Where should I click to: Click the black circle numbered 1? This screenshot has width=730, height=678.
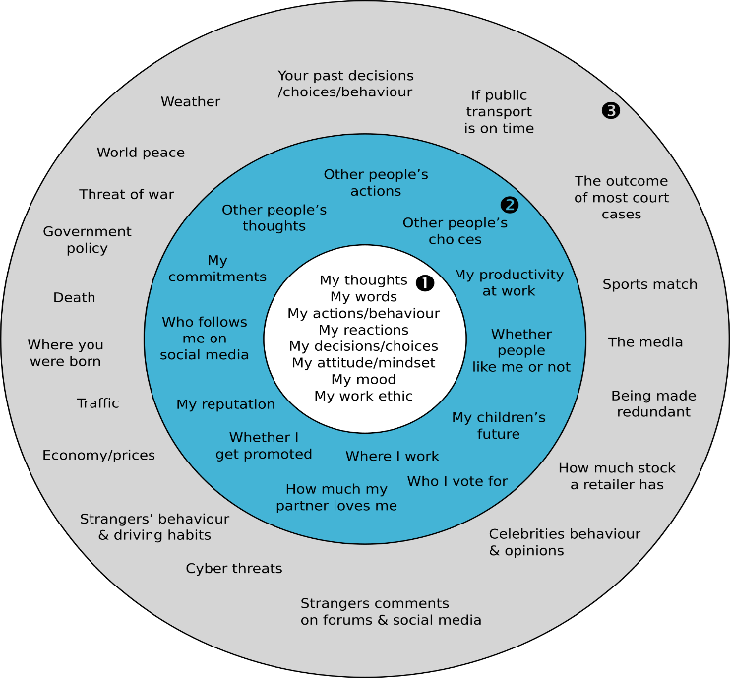(x=425, y=282)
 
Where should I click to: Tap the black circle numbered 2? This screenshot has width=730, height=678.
(x=509, y=205)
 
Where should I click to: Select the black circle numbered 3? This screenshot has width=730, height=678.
(x=610, y=110)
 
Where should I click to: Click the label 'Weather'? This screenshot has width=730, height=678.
(x=191, y=101)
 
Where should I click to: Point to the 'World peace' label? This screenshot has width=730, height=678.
(x=141, y=153)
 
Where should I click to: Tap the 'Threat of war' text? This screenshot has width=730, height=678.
(x=127, y=194)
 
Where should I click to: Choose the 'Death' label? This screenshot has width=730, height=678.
(x=75, y=297)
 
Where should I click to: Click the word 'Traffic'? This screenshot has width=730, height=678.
(x=98, y=402)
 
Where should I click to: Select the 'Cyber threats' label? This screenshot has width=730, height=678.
(x=234, y=568)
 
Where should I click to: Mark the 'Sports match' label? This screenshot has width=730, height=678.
(x=649, y=284)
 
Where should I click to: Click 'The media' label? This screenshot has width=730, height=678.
(x=645, y=341)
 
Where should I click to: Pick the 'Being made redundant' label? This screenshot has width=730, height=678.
(x=653, y=403)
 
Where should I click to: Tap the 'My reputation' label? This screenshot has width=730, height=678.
(x=225, y=404)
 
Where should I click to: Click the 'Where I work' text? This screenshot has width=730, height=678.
(x=393, y=456)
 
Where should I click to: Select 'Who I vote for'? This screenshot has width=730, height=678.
(x=457, y=481)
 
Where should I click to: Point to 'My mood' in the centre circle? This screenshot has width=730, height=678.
(x=363, y=379)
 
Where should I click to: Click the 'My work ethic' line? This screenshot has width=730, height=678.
(x=363, y=396)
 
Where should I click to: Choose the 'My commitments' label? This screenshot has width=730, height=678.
(x=217, y=269)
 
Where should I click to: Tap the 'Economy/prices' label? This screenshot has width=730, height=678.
(x=98, y=455)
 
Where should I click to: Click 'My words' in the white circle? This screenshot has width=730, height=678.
(x=363, y=296)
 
